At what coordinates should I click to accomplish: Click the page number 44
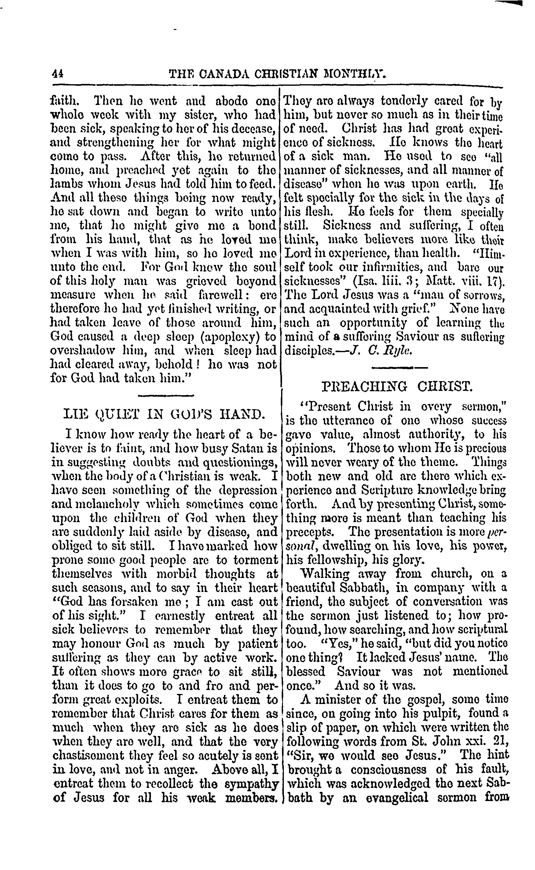(57, 74)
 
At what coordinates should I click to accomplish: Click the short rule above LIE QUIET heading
(165, 395)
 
